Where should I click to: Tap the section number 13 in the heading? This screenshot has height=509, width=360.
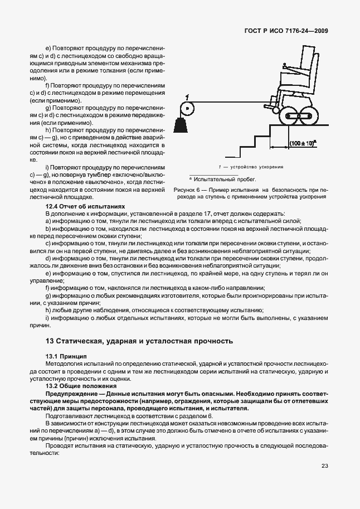tap(49, 341)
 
